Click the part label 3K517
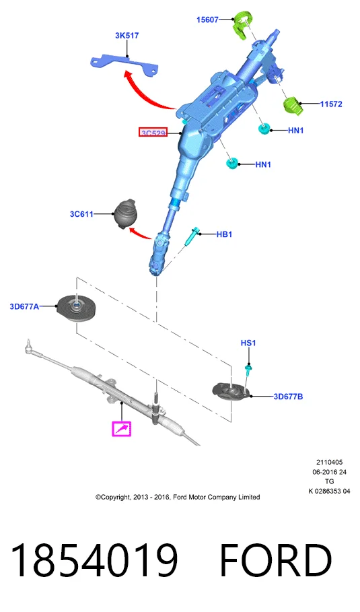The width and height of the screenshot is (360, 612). pos(127,36)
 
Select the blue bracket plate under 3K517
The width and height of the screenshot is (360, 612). pos(124,65)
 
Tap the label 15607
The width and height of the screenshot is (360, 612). pos(207,20)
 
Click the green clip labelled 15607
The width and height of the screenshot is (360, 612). pos(242,25)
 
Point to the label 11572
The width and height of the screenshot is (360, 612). pos(331,104)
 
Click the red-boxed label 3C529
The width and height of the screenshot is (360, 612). pos(153,133)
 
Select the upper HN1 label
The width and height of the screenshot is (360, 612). pos(295,131)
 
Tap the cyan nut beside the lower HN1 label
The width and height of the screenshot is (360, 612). pos(232,163)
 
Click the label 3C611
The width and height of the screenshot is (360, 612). pos(81,214)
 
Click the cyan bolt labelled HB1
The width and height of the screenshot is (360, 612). pos(193,236)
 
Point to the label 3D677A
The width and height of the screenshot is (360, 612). pos(24,307)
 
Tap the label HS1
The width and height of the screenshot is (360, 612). pos(248,343)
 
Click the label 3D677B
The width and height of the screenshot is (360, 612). pos(288,397)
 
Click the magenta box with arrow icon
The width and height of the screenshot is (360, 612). pos(121,429)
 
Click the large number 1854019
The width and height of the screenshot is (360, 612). pos(94,559)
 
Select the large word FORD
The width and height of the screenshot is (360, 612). pos(276,559)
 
